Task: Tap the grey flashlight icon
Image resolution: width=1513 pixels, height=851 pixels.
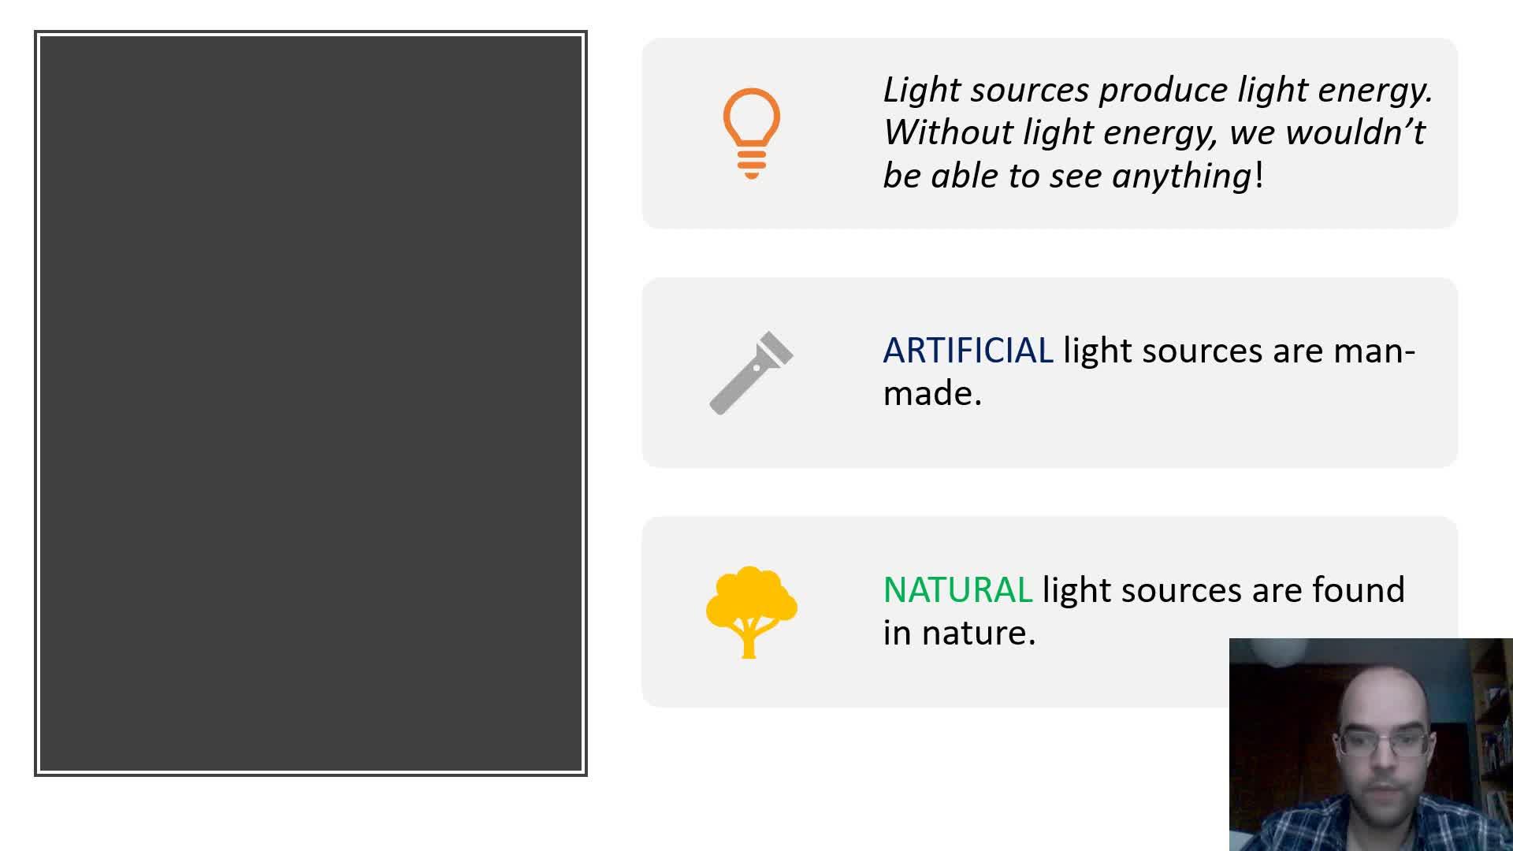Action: tap(751, 373)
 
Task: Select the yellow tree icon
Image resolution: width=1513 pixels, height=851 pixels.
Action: tap(751, 611)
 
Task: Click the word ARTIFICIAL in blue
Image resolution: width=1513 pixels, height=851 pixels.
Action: tap(968, 351)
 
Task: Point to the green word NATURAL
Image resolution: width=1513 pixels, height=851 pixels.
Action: tap(957, 590)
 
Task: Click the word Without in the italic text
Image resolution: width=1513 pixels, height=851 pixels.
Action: tap(948, 132)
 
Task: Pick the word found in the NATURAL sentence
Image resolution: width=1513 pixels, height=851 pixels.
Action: tap(1359, 590)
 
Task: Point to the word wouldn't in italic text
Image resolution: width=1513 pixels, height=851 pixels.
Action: tap(1355, 132)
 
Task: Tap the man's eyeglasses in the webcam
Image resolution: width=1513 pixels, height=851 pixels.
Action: tap(1385, 743)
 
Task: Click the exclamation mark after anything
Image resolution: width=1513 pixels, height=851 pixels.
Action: tap(1259, 175)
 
